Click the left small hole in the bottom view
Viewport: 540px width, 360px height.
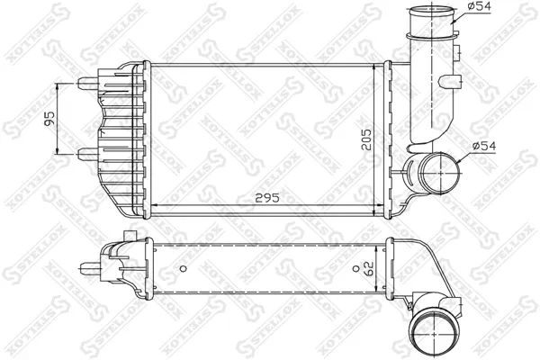(x=183, y=268)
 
